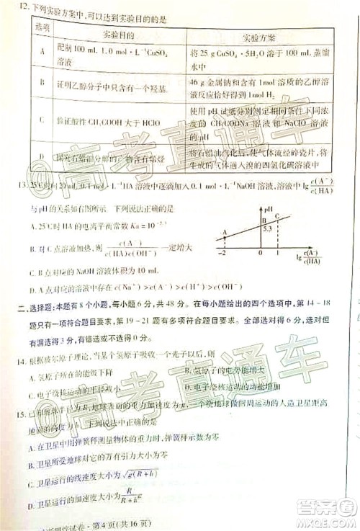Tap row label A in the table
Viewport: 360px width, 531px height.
tap(44, 53)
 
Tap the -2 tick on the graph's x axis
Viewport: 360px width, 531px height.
tap(223, 254)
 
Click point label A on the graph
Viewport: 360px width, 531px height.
tap(224, 232)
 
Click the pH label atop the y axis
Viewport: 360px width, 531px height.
tap(268, 210)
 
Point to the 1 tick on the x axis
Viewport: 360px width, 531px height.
tap(278, 254)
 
